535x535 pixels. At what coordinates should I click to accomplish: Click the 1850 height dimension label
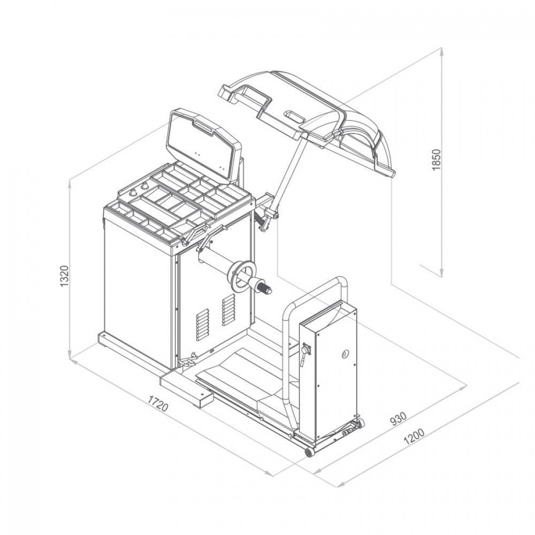[x=437, y=159]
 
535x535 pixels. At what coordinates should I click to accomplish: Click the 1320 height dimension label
[x=65, y=276]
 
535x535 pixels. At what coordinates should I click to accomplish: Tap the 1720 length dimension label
[x=158, y=403]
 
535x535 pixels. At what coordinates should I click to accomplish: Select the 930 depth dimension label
[x=399, y=419]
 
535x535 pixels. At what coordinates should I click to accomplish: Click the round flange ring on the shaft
[x=243, y=277]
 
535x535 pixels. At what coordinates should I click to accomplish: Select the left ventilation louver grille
[x=202, y=325]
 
